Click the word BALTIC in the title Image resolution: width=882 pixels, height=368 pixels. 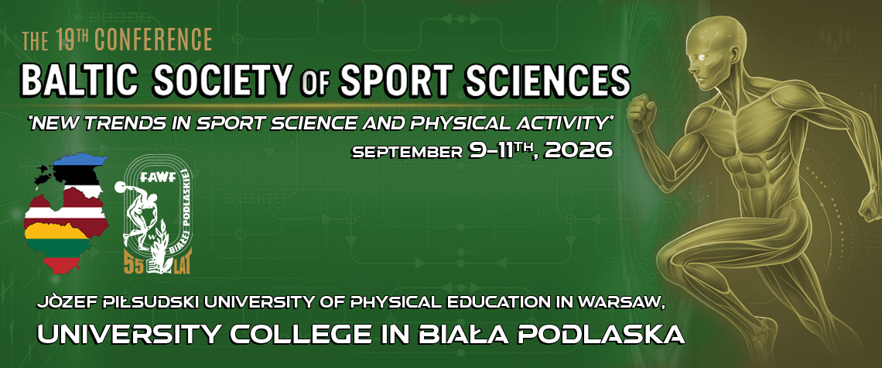[x=80, y=80]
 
